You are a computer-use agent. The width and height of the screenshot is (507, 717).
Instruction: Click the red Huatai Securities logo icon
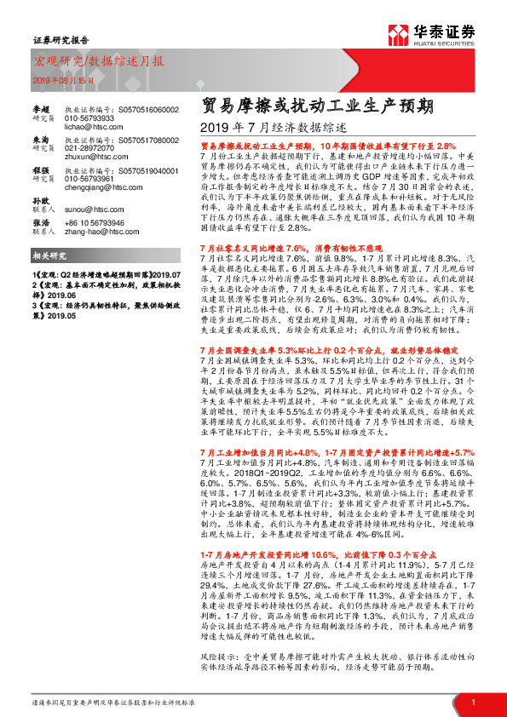400,36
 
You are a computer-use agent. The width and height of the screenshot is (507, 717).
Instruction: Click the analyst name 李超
42,109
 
